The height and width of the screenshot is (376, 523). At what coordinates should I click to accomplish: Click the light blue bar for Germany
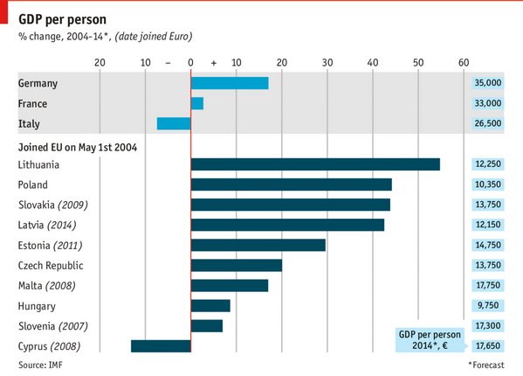[229, 83]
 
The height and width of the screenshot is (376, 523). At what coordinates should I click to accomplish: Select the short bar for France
[196, 103]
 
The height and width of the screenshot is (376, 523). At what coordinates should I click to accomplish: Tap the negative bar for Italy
[173, 123]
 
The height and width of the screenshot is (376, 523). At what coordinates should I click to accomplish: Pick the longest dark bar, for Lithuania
[314, 164]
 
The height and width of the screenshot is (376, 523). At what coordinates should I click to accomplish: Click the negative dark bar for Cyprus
[161, 345]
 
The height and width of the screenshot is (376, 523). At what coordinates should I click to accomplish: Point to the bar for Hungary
[210, 305]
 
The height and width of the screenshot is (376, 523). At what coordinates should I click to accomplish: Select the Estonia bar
[258, 245]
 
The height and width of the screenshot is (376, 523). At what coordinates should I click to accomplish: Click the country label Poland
[33, 185]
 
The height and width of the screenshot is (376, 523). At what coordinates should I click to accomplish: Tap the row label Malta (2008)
[46, 285]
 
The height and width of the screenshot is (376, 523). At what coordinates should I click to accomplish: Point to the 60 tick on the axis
[464, 62]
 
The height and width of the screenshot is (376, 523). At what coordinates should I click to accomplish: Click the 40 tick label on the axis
[373, 62]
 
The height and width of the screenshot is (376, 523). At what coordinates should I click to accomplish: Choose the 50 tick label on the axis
[418, 62]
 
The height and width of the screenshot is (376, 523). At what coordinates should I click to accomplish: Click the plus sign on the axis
[213, 63]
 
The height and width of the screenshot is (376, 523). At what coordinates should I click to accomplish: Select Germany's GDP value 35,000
[487, 83]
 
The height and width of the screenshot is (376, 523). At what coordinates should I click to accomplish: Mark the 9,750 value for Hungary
[487, 305]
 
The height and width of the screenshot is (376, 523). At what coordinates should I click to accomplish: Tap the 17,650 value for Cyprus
[487, 345]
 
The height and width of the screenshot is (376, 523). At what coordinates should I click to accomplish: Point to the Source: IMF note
[40, 363]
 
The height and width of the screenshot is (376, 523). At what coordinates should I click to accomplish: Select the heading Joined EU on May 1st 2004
[77, 146]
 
